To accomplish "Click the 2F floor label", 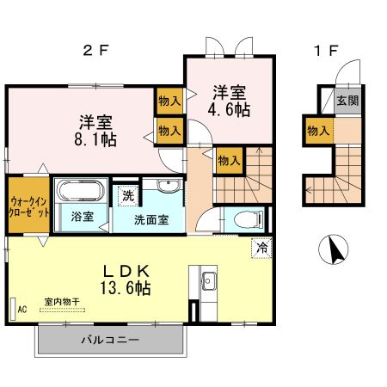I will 95,50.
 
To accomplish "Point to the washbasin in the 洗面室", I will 168,186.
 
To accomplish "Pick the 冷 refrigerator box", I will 261,249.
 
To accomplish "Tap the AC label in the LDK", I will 21,308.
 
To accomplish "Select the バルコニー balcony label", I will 109,341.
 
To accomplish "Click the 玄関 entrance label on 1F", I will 347,101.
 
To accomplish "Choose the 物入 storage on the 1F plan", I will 317,131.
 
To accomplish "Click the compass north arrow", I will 331,250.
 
